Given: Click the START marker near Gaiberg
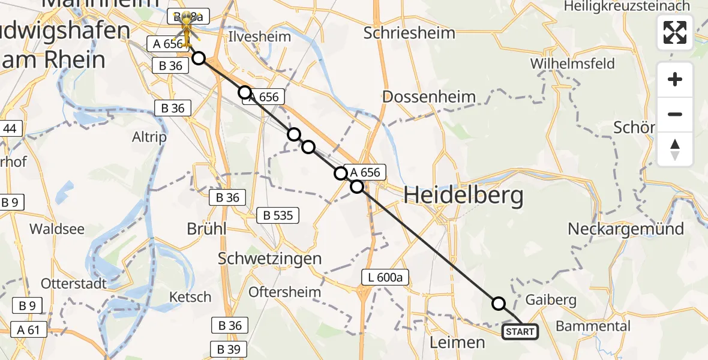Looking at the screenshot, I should (x=520, y=331).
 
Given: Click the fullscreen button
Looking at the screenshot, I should (x=675, y=32).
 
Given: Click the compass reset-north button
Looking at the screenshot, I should (x=675, y=149).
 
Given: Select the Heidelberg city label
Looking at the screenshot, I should (x=463, y=196).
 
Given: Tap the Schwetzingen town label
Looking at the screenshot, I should (x=270, y=259).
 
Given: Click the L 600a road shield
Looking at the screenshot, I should (x=385, y=277).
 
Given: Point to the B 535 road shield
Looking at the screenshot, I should (x=278, y=215).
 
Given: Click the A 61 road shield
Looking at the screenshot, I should (x=29, y=329).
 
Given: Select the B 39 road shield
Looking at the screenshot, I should (x=228, y=349).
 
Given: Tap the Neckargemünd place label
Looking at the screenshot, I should (x=626, y=229).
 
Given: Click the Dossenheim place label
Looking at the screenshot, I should (x=428, y=97).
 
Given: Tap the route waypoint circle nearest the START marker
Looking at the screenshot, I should (x=499, y=304).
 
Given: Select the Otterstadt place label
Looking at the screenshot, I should (x=74, y=283).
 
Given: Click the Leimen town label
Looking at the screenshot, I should (x=458, y=343).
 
